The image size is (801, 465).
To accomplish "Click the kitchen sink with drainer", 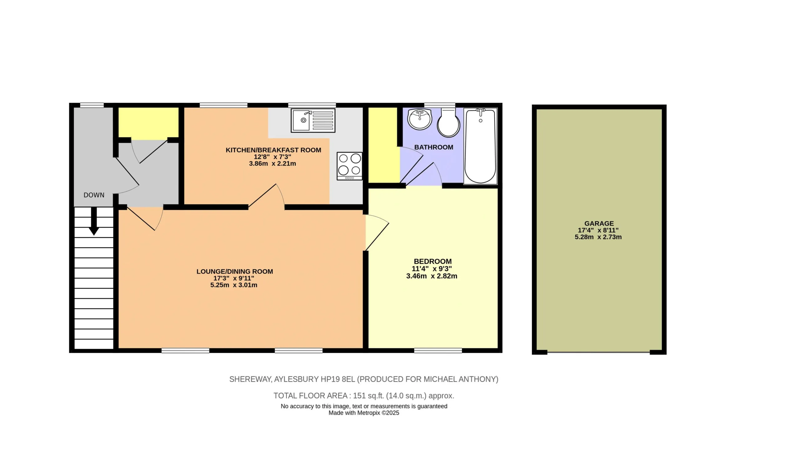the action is (313, 120).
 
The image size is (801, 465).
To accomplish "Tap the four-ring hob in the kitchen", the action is (349, 166).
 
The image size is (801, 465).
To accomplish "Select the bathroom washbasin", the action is (420, 119).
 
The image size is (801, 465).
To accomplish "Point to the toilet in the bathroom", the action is (448, 122).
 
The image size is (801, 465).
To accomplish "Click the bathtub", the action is (480, 146).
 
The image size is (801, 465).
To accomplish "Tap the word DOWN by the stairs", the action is (94, 195).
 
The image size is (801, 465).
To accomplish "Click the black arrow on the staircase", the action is (94, 221).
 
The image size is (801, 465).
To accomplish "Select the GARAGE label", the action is (599, 223).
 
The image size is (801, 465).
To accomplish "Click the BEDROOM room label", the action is (433, 261).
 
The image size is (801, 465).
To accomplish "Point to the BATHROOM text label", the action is (434, 147).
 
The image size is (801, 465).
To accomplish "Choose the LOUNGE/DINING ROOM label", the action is (235, 271).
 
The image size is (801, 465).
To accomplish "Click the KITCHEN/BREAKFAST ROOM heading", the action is (273, 150).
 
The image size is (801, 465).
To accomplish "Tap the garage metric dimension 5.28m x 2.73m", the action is (598, 237).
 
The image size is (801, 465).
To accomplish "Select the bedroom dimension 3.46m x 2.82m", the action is (432, 276).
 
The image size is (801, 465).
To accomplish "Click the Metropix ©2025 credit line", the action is (364, 413).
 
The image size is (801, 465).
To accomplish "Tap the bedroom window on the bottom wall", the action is (438, 350).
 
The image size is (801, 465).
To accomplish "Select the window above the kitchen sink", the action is (312, 105).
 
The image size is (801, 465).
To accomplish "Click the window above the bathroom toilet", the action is (440, 105).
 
